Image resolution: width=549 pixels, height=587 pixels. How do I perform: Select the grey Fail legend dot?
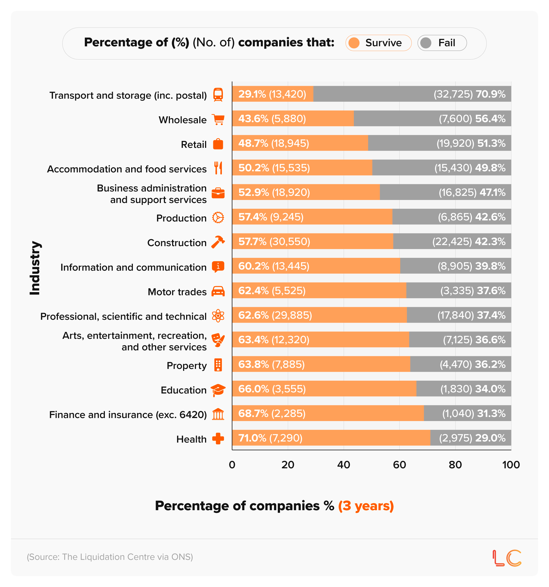click(x=426, y=43)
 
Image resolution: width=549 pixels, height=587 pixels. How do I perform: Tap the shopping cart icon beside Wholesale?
click(x=218, y=120)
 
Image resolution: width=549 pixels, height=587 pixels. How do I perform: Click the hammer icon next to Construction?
click(x=218, y=242)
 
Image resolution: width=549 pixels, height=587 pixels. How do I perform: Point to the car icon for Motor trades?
click(x=218, y=291)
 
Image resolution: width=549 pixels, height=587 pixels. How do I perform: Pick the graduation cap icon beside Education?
click(x=218, y=390)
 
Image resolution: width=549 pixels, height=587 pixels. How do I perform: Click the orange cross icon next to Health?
click(x=218, y=439)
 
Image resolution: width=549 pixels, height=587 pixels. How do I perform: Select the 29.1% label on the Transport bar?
click(x=252, y=94)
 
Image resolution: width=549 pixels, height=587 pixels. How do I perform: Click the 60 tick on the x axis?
click(x=399, y=465)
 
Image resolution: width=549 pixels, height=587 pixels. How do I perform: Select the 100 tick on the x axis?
click(x=511, y=465)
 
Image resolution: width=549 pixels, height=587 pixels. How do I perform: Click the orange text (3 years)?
click(x=366, y=506)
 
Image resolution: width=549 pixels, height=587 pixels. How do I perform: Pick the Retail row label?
click(x=194, y=145)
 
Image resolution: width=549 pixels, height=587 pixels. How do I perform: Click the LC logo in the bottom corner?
click(x=507, y=558)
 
